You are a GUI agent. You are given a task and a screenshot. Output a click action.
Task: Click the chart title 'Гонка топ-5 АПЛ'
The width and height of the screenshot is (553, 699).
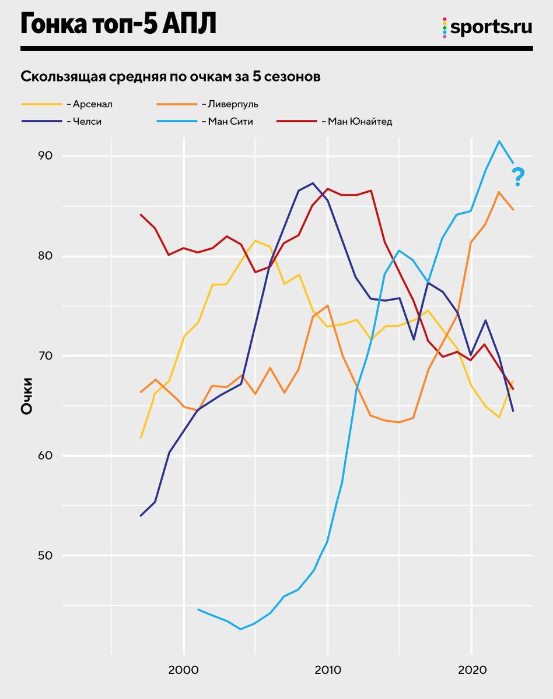(118, 24)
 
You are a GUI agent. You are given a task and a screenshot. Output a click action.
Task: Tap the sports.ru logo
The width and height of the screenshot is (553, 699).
(487, 27)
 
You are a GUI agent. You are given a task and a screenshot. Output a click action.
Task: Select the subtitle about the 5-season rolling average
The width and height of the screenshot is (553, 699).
(170, 77)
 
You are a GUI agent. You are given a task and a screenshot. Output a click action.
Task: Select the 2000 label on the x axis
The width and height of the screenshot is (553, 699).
(184, 670)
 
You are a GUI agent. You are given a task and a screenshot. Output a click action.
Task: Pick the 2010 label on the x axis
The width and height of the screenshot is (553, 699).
(327, 670)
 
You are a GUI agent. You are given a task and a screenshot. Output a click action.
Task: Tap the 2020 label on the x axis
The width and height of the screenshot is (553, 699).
(471, 670)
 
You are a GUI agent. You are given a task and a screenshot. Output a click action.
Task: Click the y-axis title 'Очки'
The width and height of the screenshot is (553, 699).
(27, 397)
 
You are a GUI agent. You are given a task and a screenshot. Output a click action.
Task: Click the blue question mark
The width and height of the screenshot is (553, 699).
(517, 176)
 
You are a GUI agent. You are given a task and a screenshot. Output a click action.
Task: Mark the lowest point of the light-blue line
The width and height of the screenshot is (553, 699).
(240, 629)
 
